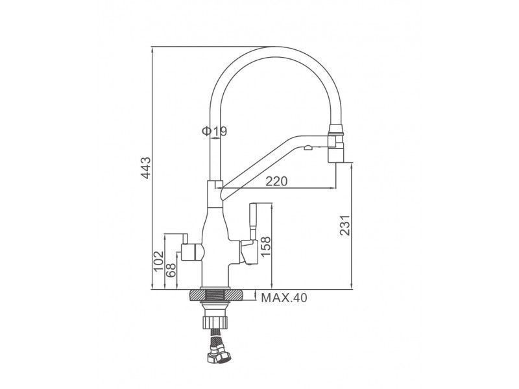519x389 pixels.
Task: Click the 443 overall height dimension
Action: [x=146, y=168]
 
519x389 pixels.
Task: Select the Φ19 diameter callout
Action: [x=215, y=132]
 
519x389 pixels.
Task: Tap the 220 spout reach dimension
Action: [x=277, y=182]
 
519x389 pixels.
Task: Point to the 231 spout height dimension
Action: [x=345, y=225]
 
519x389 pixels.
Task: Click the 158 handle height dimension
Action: [x=265, y=246]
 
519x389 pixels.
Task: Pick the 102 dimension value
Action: [x=159, y=261]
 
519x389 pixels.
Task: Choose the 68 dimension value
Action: [x=171, y=270]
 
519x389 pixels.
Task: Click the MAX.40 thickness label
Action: [x=284, y=298]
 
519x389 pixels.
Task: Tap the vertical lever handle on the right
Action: [x=253, y=220]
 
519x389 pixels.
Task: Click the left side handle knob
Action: [x=193, y=252]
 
